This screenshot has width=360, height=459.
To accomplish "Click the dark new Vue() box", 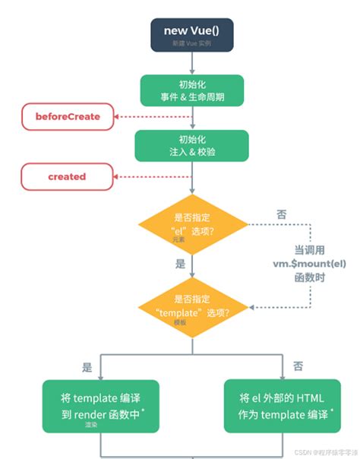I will click(191, 34).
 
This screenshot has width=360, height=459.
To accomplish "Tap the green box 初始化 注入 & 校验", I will click(191, 145).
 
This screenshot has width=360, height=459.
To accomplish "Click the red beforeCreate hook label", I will click(66, 116).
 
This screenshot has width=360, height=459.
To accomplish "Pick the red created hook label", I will click(66, 176).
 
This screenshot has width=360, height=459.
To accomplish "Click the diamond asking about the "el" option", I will click(191, 225).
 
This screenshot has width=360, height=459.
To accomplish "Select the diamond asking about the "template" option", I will click(191, 306).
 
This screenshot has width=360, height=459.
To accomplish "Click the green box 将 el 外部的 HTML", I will click(281, 403).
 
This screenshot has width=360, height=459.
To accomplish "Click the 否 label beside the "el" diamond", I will click(282, 215).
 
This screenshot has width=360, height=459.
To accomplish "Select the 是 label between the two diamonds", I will click(180, 264).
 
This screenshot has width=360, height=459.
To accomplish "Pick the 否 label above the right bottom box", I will click(287, 366).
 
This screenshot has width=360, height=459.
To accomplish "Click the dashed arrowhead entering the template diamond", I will click(254, 307).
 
